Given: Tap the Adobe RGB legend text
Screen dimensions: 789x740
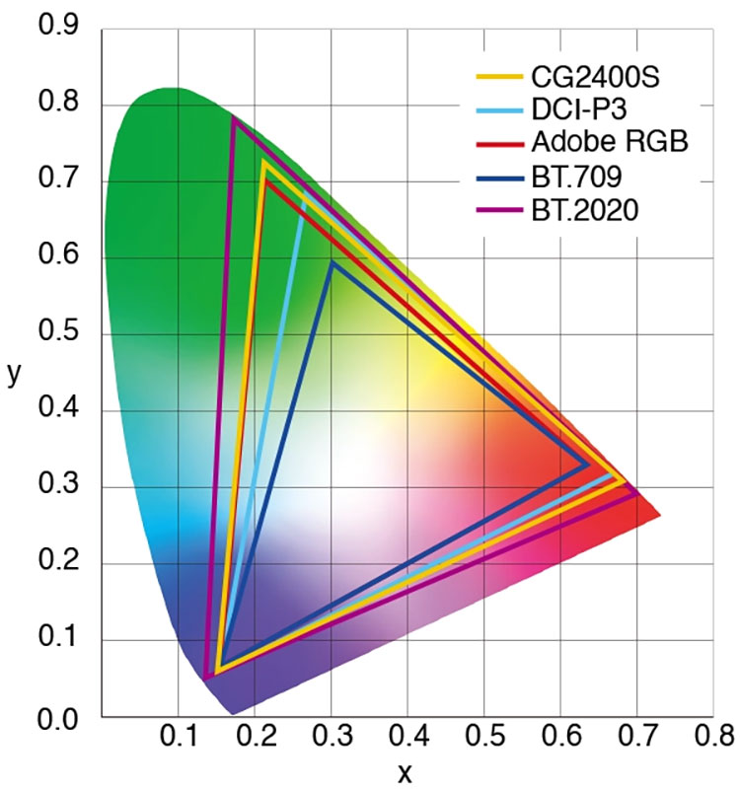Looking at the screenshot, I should pos(608,142).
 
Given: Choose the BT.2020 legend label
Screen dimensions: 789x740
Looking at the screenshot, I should pos(586,209).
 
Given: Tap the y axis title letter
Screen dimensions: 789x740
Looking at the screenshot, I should pos(14,376).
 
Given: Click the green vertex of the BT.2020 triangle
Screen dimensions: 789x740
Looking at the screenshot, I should pos(233,118).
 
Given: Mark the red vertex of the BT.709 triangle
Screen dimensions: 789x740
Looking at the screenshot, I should pos(589,464).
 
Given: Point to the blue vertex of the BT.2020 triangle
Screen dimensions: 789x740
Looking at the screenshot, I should pos(205,678).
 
